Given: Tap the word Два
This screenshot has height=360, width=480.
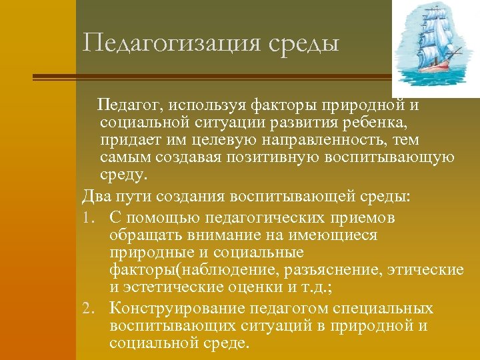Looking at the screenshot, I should pyautogui.click(x=96, y=197).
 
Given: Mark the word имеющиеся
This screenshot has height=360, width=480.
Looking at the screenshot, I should pyautogui.click(x=339, y=235).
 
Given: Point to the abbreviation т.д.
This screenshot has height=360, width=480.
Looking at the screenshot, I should pyautogui.click(x=313, y=287).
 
